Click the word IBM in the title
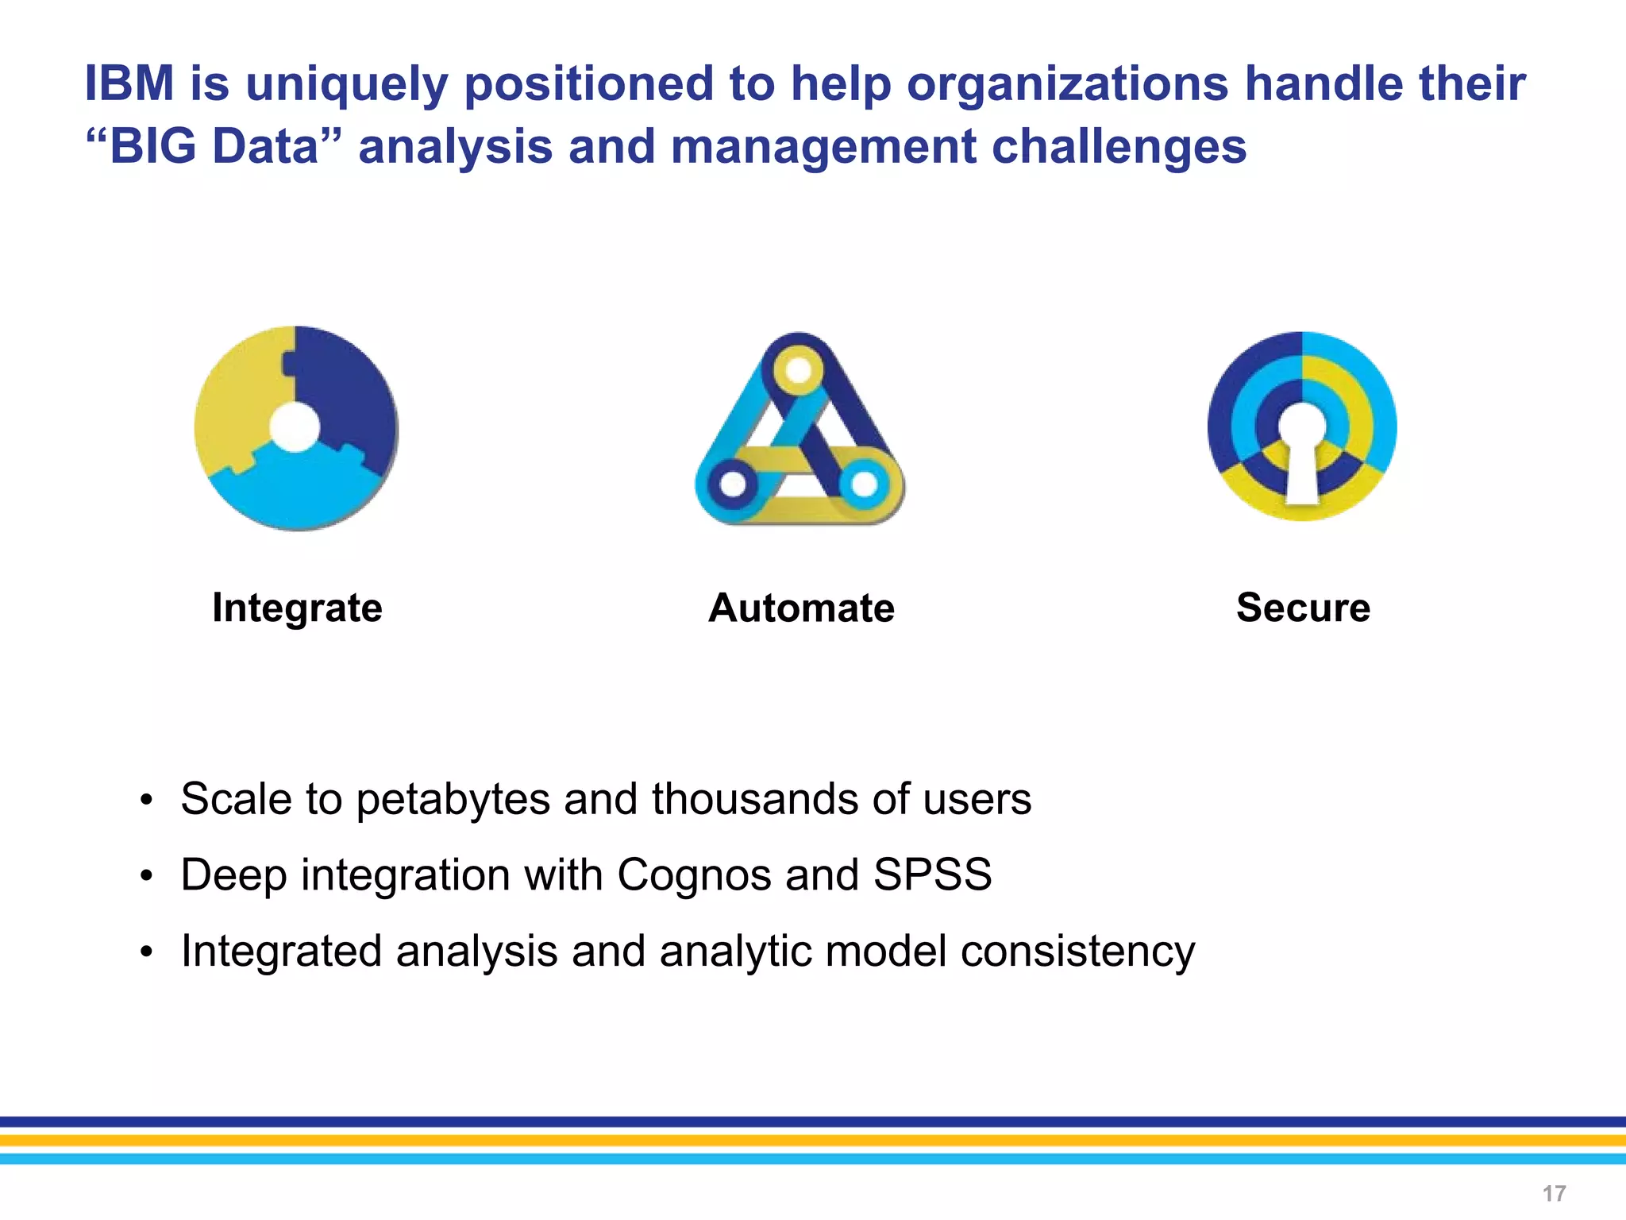click(x=129, y=83)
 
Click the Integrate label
click(x=297, y=608)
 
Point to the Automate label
click(x=801, y=608)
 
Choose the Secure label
click(x=1303, y=608)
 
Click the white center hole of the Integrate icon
click(x=295, y=427)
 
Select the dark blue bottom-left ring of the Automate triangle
click(x=732, y=483)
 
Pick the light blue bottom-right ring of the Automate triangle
click(x=864, y=483)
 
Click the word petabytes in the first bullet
click(x=453, y=799)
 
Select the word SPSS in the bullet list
click(x=932, y=875)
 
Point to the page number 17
click(x=1554, y=1194)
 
